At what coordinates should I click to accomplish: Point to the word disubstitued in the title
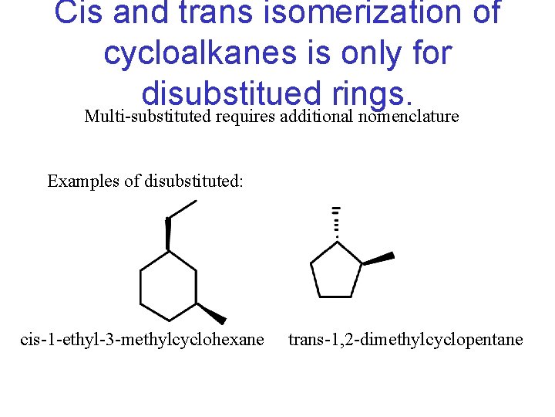(230, 93)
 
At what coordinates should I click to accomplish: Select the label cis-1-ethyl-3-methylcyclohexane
(142, 340)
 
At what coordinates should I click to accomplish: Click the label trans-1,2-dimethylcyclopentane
(405, 340)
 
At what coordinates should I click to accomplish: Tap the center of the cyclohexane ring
(168, 286)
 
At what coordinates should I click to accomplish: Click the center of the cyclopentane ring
(336, 271)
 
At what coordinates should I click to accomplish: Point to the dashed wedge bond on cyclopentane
(335, 224)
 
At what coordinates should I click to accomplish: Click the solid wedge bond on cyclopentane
(378, 258)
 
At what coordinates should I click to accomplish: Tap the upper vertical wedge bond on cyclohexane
(168, 234)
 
